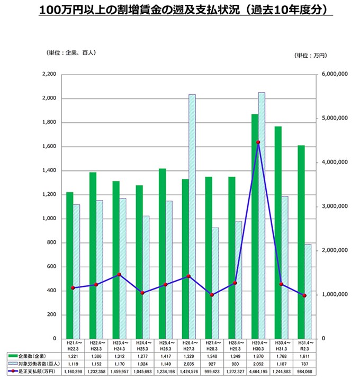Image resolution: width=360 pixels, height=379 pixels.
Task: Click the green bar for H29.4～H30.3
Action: (x=255, y=228)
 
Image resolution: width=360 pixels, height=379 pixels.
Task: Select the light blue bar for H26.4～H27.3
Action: (x=192, y=217)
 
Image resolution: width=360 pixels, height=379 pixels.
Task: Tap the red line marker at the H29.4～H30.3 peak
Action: (x=258, y=142)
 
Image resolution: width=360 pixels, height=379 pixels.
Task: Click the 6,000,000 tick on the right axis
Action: (x=334, y=75)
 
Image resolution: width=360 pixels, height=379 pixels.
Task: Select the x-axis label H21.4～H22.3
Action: (x=73, y=345)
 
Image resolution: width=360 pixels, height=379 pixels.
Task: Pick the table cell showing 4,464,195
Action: (x=259, y=373)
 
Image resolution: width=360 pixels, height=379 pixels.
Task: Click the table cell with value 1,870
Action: (x=259, y=357)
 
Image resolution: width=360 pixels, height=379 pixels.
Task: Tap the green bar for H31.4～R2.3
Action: (x=301, y=243)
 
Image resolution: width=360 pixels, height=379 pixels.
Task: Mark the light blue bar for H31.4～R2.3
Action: (x=308, y=291)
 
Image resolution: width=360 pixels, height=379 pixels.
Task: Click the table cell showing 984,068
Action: (x=305, y=373)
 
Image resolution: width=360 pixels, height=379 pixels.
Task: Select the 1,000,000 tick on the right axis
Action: (x=334, y=295)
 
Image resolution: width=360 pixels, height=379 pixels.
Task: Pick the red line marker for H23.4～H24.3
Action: (x=119, y=275)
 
